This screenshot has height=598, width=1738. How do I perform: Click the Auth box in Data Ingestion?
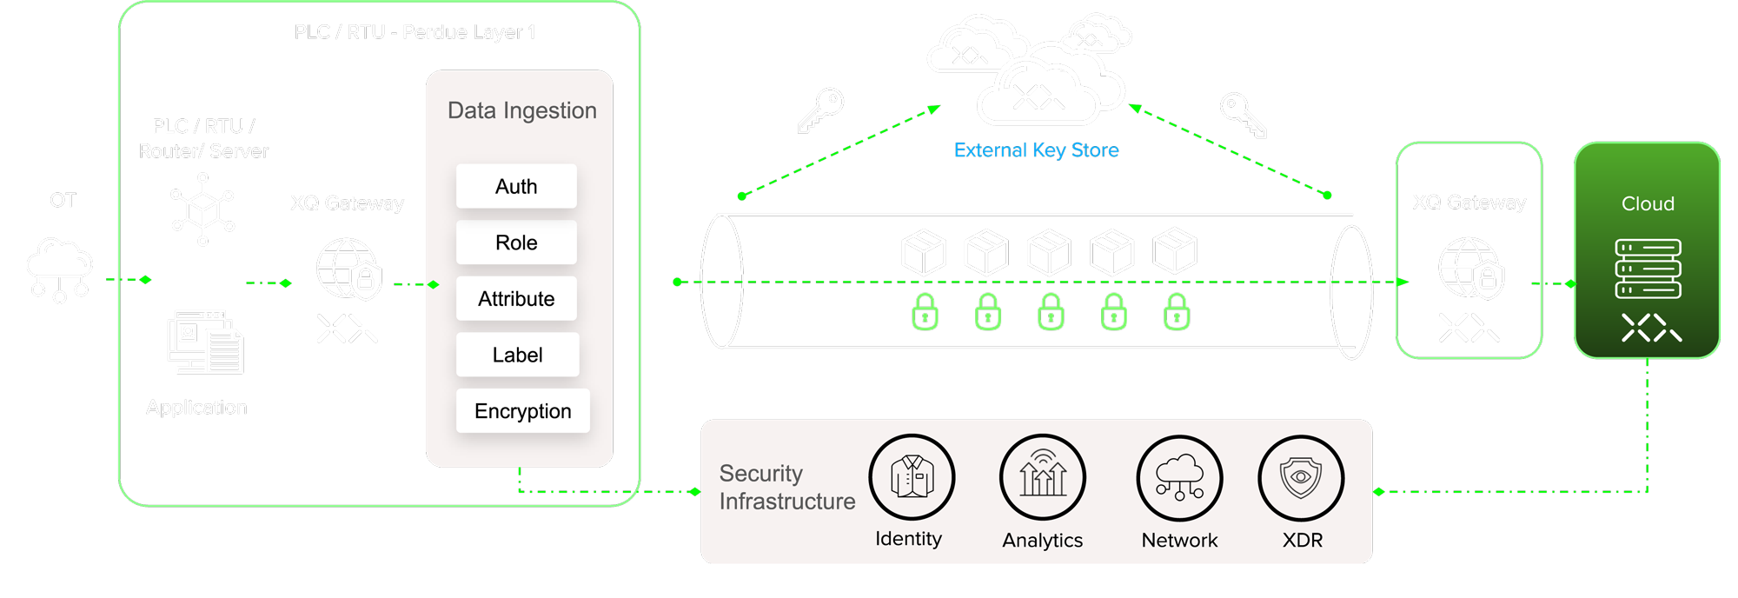(516, 186)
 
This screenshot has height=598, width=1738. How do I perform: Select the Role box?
(516, 243)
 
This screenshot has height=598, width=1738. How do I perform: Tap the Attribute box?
(516, 299)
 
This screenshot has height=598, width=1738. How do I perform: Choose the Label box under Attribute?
(517, 355)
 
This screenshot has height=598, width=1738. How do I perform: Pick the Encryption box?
(522, 411)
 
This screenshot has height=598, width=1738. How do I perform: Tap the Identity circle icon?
(912, 477)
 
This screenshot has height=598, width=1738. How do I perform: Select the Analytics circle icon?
(1043, 477)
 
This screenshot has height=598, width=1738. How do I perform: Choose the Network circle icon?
(1179, 478)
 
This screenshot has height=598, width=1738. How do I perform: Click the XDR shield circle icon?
(1301, 478)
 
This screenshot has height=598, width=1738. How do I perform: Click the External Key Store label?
(1036, 150)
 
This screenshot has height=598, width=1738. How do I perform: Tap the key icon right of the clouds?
(1244, 115)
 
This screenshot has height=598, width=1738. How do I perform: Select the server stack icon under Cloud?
(1648, 269)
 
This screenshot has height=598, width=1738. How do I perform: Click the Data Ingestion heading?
(521, 110)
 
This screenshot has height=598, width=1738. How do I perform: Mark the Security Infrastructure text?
(786, 487)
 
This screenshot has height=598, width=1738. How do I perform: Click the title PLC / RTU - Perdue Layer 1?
(415, 32)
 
